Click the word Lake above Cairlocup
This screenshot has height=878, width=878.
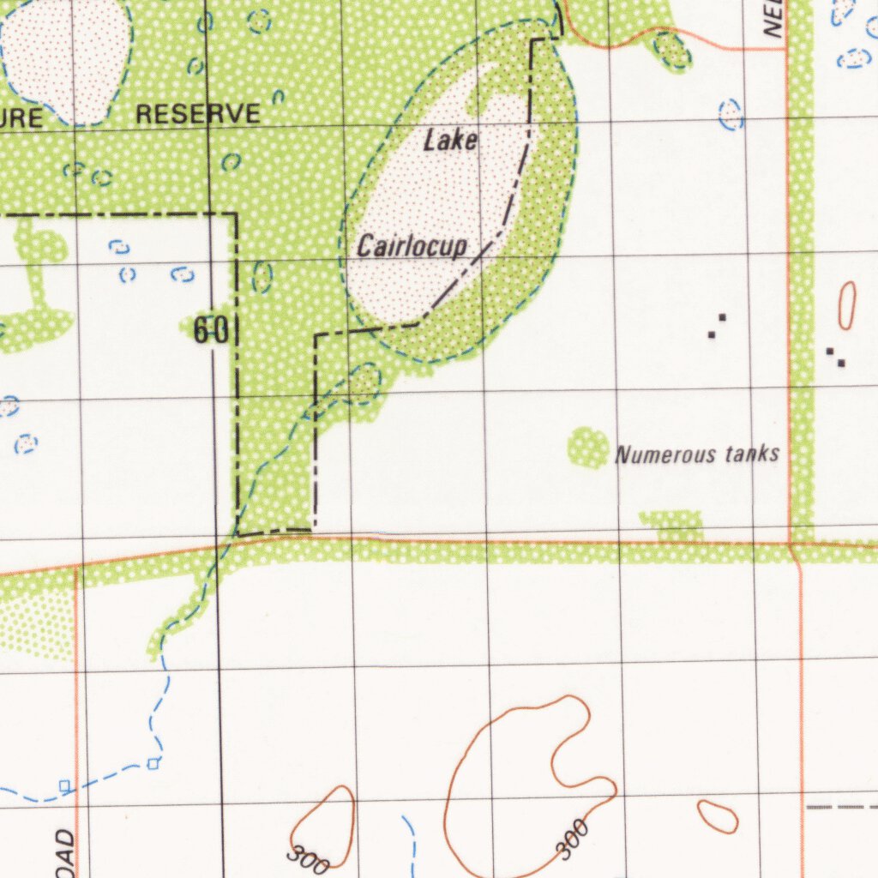[x=450, y=141]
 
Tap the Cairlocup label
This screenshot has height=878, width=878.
[x=412, y=247]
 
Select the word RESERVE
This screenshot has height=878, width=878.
[x=198, y=114]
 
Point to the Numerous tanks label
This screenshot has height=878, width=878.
[x=697, y=454]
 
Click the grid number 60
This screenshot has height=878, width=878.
[x=210, y=331]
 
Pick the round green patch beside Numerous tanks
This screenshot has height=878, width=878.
[x=587, y=448]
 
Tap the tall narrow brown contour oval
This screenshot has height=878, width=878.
[x=846, y=305]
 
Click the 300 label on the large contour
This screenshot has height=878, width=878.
[x=572, y=839]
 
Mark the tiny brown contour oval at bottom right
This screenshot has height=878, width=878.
[x=717, y=816]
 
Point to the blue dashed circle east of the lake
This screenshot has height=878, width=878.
[x=731, y=114]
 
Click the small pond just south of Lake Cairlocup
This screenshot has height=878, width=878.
[x=364, y=382]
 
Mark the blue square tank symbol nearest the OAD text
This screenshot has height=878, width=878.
[x=65, y=785]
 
